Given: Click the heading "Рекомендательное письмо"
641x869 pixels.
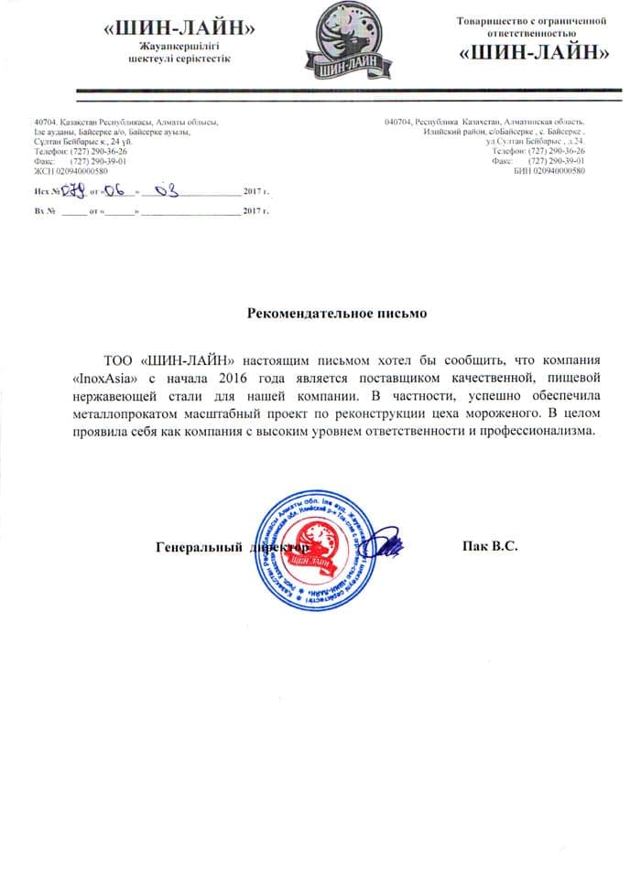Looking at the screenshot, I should tap(339, 313).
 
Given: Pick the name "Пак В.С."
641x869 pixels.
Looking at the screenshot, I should tap(492, 547).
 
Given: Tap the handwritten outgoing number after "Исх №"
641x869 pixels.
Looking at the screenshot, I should tap(73, 190).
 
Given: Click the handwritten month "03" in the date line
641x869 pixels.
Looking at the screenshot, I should tap(168, 190).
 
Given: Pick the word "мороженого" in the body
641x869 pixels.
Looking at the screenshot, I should tap(493, 413).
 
